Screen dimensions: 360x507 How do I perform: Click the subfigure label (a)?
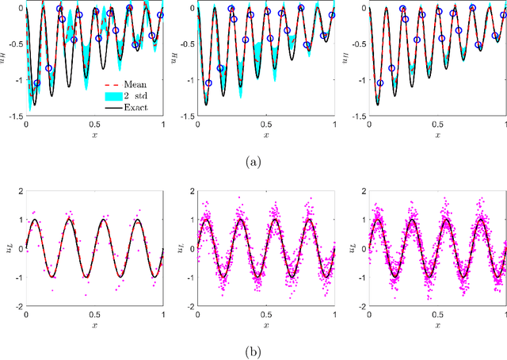pos(253,161)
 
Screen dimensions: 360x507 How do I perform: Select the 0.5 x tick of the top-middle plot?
pos(266,124)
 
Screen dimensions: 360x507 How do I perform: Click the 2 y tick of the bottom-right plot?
pos(360,190)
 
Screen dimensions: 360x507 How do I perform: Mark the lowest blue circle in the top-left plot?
pos(36,82)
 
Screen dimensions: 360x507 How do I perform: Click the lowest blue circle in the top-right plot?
pos(379,82)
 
